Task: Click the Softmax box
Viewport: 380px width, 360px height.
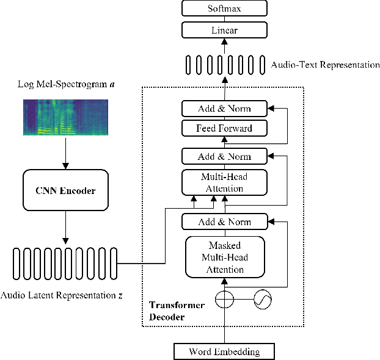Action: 224,8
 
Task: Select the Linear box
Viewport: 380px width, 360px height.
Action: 224,30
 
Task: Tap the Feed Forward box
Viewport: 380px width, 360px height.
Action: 224,128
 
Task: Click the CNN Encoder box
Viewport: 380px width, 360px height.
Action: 66,190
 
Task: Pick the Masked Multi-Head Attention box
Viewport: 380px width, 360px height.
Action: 225,257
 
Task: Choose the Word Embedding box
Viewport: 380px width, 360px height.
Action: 224,351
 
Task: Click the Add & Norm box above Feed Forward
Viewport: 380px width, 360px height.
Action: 224,109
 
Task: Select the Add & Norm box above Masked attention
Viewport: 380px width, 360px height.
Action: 225,221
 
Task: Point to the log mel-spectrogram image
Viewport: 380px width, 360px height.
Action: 66,117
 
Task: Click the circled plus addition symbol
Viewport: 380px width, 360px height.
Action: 224,299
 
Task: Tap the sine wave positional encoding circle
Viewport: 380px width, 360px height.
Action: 263,299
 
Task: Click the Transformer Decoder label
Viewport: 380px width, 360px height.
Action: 177,311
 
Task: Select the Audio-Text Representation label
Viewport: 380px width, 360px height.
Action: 325,65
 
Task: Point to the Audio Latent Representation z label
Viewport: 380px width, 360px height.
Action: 62,295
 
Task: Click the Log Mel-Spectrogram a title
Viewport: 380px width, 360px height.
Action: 66,84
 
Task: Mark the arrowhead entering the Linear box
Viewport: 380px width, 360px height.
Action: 225,41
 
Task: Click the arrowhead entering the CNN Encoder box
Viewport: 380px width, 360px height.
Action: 66,166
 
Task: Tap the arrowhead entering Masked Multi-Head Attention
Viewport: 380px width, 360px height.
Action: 225,281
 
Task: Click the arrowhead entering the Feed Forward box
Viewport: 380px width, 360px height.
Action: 225,140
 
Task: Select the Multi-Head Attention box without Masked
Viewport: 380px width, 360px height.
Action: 224,182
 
